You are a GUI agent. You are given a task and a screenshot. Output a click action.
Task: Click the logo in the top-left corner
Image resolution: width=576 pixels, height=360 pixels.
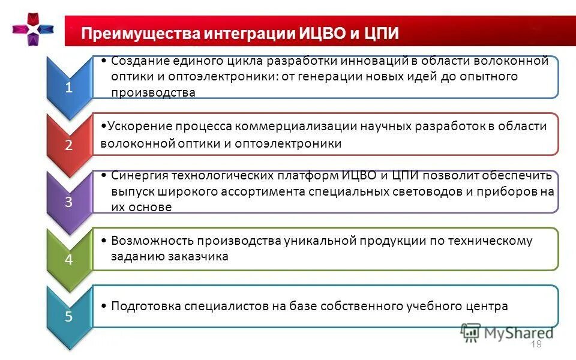pyautogui.click(x=34, y=28)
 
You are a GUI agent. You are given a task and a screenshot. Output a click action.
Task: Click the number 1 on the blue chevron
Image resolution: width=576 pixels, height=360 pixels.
pyautogui.click(x=69, y=88)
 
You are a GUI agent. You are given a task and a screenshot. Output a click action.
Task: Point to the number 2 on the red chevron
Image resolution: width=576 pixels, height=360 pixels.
pyautogui.click(x=69, y=145)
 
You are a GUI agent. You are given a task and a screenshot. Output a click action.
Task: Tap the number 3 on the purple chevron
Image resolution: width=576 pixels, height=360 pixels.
pyautogui.click(x=69, y=202)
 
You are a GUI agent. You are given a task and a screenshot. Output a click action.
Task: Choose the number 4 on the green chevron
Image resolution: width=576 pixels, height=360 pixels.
pyautogui.click(x=69, y=260)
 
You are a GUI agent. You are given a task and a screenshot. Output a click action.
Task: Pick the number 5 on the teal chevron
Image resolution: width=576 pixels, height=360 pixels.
pyautogui.click(x=69, y=317)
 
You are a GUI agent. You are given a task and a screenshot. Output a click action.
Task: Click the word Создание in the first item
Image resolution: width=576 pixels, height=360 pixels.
pyautogui.click(x=138, y=61)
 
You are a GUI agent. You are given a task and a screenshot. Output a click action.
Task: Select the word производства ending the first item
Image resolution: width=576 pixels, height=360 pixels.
pyautogui.click(x=154, y=92)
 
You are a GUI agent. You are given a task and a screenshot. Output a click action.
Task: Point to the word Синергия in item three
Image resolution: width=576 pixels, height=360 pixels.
pyautogui.click(x=140, y=176)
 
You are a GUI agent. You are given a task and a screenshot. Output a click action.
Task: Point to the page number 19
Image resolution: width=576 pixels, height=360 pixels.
pyautogui.click(x=536, y=344)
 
